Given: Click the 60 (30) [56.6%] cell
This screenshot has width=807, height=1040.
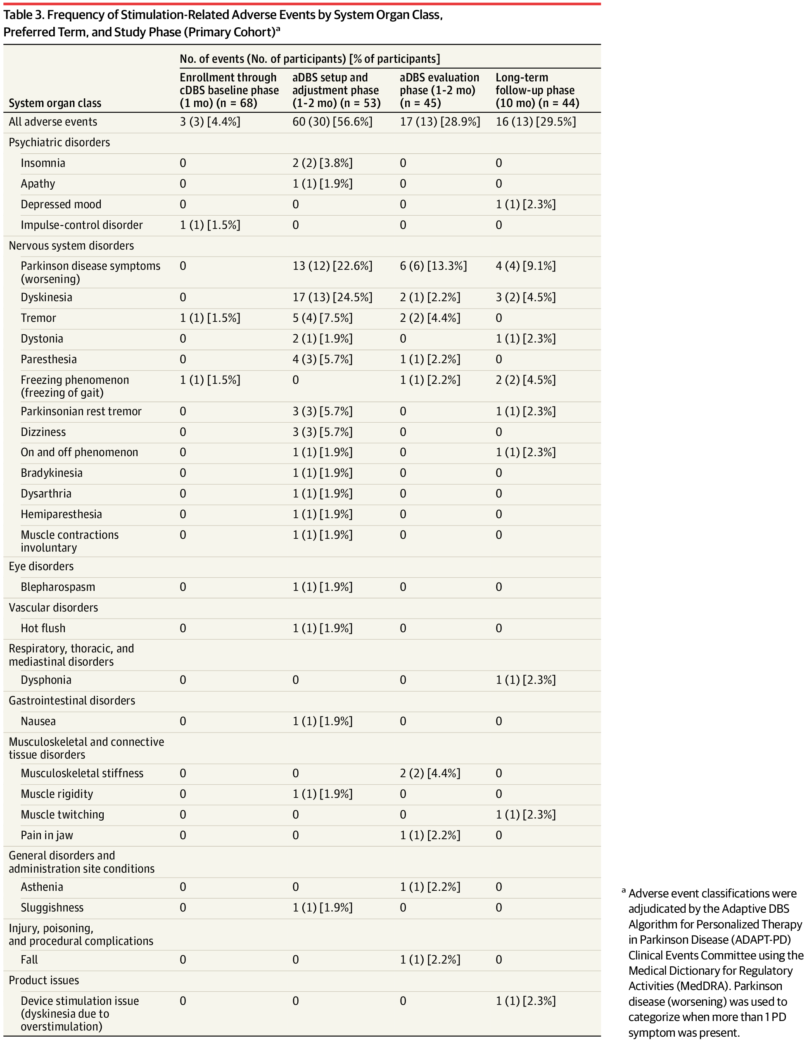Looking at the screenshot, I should (332, 122).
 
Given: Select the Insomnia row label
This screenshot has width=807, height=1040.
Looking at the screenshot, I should (43, 163).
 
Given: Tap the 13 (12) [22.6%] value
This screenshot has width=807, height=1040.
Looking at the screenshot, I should (332, 266).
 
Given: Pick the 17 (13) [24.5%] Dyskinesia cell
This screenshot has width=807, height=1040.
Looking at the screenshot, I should (332, 297).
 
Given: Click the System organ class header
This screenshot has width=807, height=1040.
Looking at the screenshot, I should (55, 103).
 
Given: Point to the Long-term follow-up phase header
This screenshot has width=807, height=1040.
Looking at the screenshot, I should (536, 90).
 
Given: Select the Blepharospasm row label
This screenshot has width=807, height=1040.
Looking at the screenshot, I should (57, 587).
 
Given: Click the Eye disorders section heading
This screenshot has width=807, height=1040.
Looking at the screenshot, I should (41, 566).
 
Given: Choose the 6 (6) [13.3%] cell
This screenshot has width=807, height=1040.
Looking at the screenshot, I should (433, 266).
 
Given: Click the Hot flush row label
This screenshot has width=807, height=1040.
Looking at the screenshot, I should (43, 628).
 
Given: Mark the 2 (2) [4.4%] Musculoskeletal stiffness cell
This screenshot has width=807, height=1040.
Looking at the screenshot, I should (430, 773).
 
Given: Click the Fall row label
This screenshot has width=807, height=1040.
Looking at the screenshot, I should (29, 959).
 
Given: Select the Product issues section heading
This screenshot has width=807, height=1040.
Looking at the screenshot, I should (44, 981).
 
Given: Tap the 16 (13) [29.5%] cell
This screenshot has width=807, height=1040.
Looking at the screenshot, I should (535, 122).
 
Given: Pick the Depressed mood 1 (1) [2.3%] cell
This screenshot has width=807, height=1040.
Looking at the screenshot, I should (525, 205).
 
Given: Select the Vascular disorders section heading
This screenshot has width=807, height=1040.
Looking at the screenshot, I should (53, 608).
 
